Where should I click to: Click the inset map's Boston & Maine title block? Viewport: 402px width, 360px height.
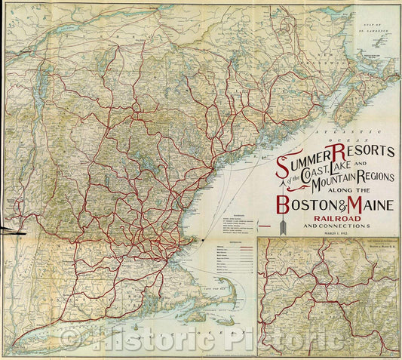tap(370, 245)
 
